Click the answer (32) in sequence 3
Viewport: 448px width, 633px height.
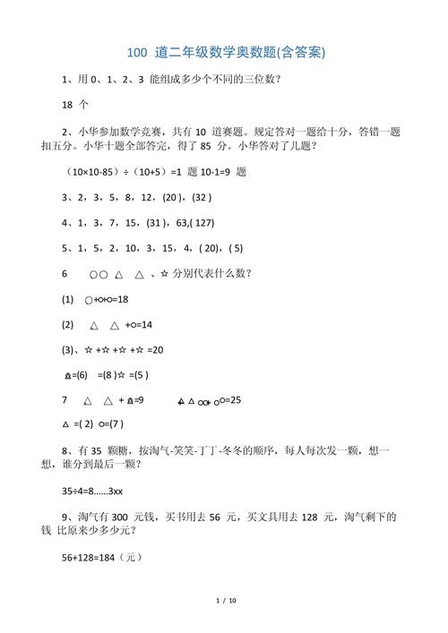(202, 197)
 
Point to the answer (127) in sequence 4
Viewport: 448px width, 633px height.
(199, 222)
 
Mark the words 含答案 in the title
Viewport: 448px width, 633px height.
(297, 54)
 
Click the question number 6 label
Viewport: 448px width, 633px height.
(65, 273)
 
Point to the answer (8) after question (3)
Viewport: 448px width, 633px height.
(108, 375)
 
